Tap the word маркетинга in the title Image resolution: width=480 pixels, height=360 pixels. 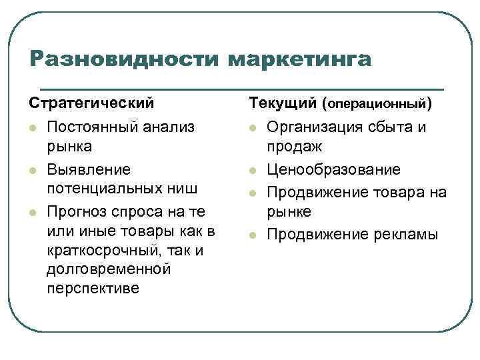point(299,59)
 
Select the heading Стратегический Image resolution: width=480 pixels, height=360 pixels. point(91,104)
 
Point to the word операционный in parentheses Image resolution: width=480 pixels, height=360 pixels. point(377,105)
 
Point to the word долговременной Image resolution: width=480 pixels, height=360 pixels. point(109,269)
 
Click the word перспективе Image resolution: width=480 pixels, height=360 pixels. point(93,290)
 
